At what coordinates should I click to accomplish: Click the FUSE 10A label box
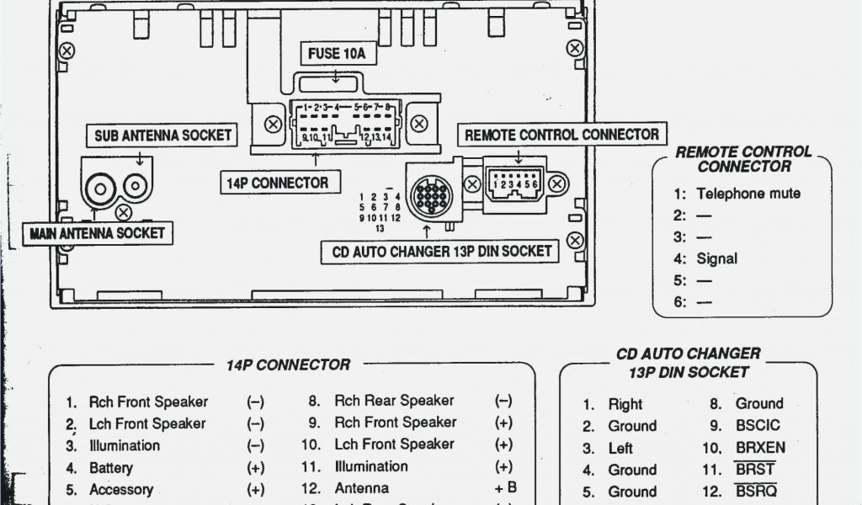[336, 54]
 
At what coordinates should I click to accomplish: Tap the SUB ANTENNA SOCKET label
[162, 135]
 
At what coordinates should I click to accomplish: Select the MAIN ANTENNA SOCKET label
[98, 233]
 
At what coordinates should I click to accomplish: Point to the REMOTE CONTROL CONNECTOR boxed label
[561, 135]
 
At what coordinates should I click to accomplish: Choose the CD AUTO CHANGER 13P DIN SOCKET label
[442, 251]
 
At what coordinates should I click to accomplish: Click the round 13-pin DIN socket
[431, 199]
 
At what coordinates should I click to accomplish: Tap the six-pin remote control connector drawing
[515, 183]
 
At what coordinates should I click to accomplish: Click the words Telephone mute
[748, 194]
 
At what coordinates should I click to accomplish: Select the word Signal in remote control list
[716, 258]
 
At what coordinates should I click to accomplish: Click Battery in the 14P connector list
[111, 467]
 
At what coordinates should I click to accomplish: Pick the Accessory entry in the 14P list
[121, 489]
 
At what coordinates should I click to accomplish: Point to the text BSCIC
[758, 426]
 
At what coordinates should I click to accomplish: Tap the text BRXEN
[760, 448]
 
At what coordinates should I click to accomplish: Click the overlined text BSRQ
[756, 492]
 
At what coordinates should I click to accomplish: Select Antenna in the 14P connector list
[362, 488]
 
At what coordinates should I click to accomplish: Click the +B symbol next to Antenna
[506, 488]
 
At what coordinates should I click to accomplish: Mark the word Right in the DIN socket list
[625, 404]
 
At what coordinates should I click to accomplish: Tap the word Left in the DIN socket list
[620, 448]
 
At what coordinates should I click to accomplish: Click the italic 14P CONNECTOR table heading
[288, 365]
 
